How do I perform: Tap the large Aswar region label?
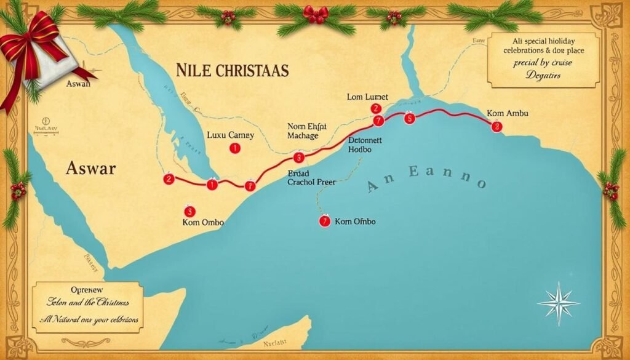(90, 168)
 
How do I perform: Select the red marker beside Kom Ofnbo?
(324, 222)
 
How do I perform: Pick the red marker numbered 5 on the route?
(409, 119)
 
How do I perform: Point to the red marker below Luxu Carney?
(233, 148)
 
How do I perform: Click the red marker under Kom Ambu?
(496, 126)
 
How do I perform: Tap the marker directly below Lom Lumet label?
(376, 109)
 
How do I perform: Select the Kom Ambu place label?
(507, 113)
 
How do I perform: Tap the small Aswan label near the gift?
(78, 83)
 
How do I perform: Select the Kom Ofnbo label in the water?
(355, 222)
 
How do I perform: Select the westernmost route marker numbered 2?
(169, 179)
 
